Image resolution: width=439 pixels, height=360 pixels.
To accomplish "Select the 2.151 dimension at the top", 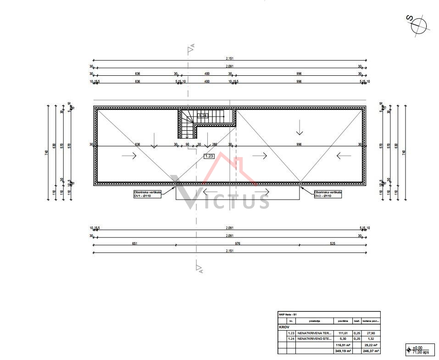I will click(x=229, y=58).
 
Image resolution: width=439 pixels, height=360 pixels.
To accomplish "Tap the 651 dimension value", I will click(x=134, y=243).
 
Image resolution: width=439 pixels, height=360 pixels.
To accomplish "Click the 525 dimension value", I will click(x=333, y=243).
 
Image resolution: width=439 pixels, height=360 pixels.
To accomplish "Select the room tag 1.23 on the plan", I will click(x=209, y=156).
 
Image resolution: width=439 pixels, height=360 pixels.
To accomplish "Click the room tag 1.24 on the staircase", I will click(x=203, y=116).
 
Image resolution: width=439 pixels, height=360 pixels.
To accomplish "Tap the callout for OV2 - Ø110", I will click(x=329, y=194).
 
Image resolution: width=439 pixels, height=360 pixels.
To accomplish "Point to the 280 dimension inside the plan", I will click(x=215, y=144).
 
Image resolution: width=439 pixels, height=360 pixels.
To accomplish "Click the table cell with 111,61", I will click(x=344, y=333).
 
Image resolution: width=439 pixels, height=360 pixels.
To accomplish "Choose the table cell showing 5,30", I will click(x=344, y=338).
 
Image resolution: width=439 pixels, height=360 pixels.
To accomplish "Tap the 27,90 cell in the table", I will click(x=371, y=333).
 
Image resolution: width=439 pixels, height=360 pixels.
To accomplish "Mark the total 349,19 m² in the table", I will click(x=344, y=351).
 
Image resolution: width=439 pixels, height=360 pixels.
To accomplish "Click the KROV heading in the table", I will click(x=284, y=327).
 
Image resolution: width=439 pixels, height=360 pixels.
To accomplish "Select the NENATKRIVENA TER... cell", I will click(x=314, y=333).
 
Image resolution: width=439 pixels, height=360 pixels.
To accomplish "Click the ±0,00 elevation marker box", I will click(x=419, y=349).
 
